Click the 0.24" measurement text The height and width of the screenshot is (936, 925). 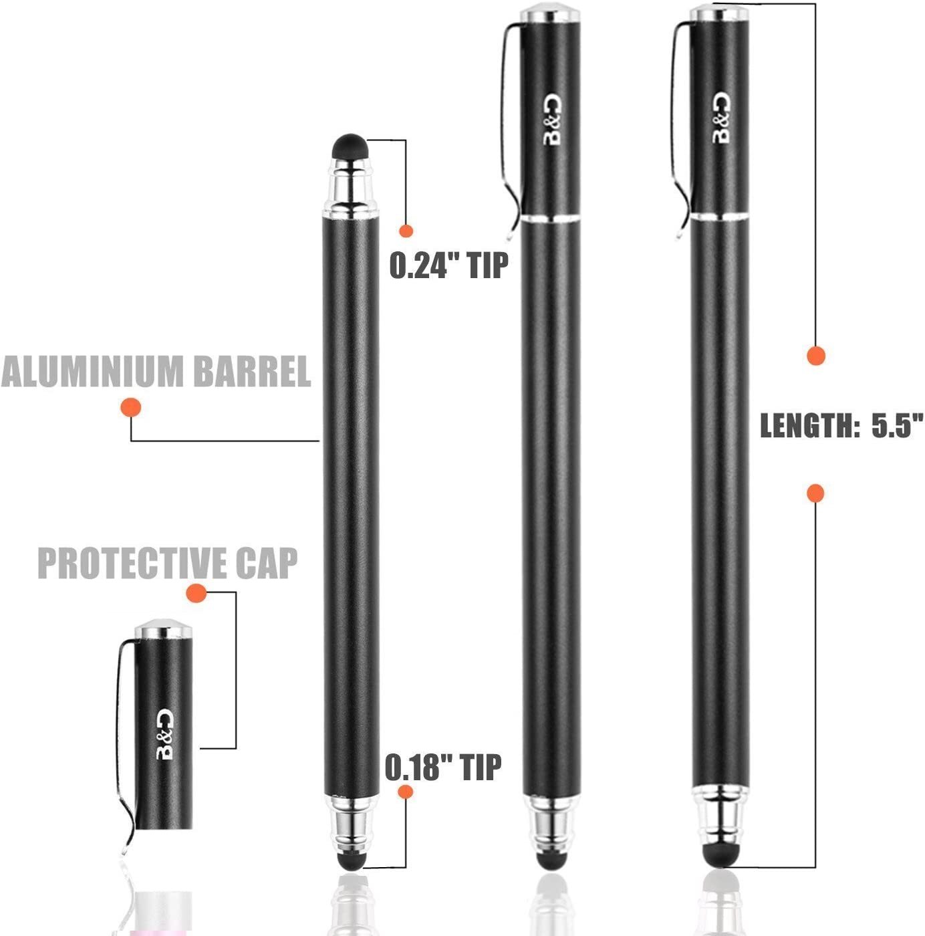pyautogui.click(x=424, y=265)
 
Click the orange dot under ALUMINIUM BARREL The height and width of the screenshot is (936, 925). pyautogui.click(x=130, y=408)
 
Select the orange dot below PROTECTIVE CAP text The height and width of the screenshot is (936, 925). pyautogui.click(x=196, y=593)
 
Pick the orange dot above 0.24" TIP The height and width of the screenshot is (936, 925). pyautogui.click(x=406, y=231)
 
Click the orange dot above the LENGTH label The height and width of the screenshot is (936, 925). pyautogui.click(x=815, y=356)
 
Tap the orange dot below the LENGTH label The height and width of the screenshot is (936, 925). pyautogui.click(x=815, y=493)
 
